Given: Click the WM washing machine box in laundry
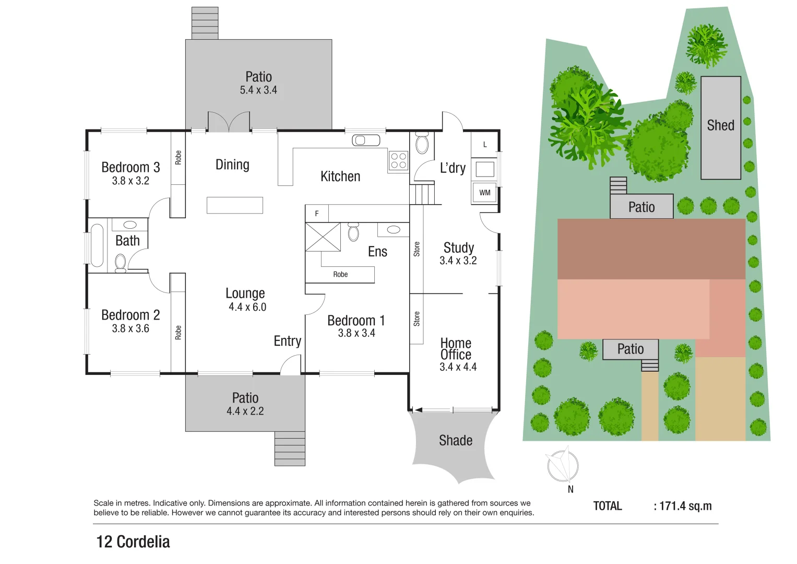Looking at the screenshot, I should (x=485, y=193).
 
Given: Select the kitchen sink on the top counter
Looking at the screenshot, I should (x=366, y=140).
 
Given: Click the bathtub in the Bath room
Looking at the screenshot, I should (x=97, y=245).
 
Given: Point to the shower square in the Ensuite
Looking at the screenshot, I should (x=323, y=237).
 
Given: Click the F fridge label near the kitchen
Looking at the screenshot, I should (x=316, y=214).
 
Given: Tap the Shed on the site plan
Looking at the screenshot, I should (x=721, y=128).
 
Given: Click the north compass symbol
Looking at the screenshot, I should (x=562, y=465).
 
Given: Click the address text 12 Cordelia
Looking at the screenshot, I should (x=133, y=542).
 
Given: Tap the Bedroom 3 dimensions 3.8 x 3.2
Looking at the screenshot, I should (x=130, y=181).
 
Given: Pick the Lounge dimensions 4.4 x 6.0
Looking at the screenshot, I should (x=247, y=307).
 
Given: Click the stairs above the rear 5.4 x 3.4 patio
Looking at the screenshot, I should (x=205, y=23).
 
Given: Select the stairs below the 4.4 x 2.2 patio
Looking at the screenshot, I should (x=290, y=449).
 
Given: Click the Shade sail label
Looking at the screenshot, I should (x=456, y=441).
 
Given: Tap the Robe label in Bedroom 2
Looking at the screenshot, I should (x=178, y=333).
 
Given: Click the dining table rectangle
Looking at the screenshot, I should (x=234, y=205).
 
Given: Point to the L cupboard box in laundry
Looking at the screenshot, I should (x=485, y=145).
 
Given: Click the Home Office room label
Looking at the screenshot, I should (x=456, y=349).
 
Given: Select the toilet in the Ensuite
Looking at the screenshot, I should (x=353, y=232).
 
